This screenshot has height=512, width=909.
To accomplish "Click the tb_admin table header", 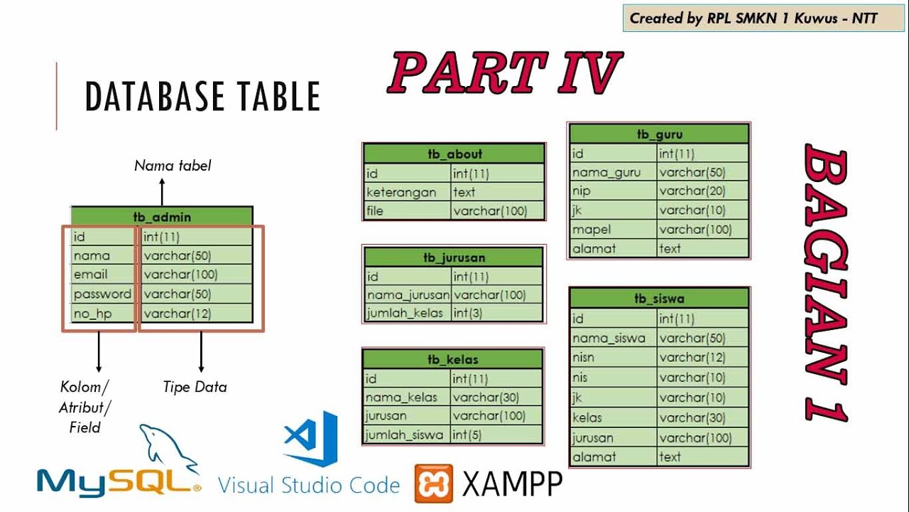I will (x=162, y=217).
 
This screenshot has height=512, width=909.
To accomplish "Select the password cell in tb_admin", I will (x=102, y=294).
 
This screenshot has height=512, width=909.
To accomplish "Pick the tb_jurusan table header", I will (x=453, y=257).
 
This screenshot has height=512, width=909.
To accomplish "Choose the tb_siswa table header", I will (x=659, y=299).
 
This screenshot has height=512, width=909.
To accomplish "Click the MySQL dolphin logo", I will (x=168, y=452).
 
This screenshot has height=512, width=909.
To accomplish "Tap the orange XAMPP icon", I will (x=434, y=484).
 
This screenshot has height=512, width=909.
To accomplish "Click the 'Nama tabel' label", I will (x=173, y=166).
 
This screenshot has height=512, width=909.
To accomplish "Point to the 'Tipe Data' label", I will (x=195, y=388).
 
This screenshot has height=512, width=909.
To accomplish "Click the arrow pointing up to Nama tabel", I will (x=162, y=191).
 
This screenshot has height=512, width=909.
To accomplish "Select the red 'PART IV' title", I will (x=504, y=73).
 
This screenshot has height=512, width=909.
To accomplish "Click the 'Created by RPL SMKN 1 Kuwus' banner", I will (x=753, y=18).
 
